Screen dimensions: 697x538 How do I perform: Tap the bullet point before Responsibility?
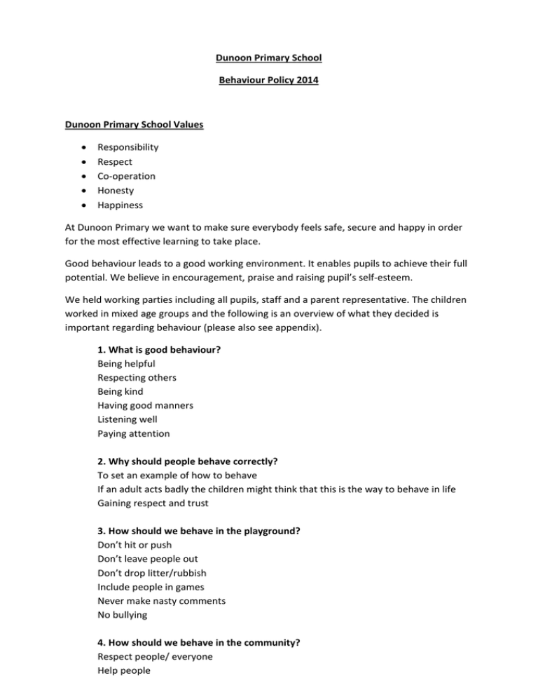pos(85,147)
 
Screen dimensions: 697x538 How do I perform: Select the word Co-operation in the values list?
pos(126,176)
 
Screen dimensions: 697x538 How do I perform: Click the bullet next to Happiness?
pos(85,205)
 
